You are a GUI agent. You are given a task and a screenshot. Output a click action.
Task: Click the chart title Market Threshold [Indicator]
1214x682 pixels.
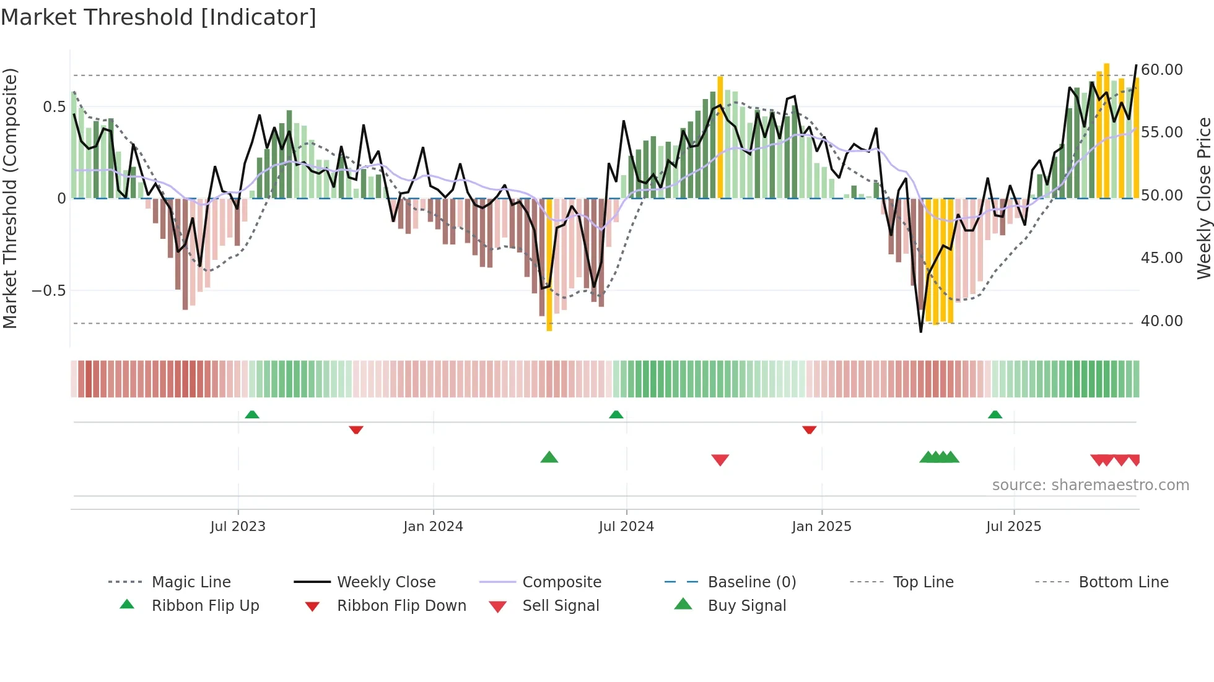point(159,17)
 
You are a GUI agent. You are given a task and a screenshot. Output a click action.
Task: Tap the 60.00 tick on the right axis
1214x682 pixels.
point(1161,70)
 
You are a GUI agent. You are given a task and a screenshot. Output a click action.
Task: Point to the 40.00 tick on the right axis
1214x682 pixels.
point(1161,321)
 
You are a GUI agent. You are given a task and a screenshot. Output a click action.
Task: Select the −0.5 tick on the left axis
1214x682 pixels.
point(48,291)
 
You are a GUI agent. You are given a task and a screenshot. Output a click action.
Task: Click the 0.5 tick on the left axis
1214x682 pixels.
point(54,107)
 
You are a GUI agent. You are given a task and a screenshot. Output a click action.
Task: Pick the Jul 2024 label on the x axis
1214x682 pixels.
point(626,527)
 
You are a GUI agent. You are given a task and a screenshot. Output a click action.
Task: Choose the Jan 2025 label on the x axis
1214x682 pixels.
point(821,527)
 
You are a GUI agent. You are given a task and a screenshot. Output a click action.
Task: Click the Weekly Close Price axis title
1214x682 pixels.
point(1203,198)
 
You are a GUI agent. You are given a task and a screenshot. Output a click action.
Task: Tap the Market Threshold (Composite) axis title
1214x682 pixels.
point(10,198)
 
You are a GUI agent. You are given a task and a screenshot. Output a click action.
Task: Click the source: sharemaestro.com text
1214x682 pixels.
point(1090,485)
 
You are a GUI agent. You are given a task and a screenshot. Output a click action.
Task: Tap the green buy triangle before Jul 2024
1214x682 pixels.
point(549,458)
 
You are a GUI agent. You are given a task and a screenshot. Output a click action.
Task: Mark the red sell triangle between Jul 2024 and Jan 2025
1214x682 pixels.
point(720,460)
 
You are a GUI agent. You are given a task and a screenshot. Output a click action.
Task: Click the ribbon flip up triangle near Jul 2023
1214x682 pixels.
point(251,415)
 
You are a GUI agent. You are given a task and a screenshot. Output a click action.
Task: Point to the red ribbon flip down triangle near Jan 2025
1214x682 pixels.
point(809,429)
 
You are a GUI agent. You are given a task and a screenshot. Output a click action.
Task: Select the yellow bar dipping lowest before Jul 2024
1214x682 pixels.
point(549,266)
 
